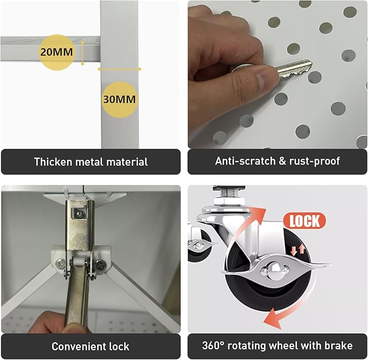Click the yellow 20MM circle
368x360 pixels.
(x=56, y=52)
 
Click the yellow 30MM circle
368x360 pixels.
(x=119, y=100)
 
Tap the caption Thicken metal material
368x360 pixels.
(x=91, y=162)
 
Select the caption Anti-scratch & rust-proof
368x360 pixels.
(x=277, y=161)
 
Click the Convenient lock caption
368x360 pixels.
(x=91, y=346)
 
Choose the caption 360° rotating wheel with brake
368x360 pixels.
(x=277, y=346)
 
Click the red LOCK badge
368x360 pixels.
(x=305, y=221)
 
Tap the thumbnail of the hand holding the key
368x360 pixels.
(x=277, y=74)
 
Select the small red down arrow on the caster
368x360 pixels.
(x=294, y=251)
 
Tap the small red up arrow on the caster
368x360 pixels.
(x=302, y=249)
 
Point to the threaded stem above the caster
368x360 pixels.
(x=229, y=194)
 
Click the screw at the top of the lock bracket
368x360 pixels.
(x=81, y=214)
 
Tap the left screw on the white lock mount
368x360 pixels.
(x=61, y=264)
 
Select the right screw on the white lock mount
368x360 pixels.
(x=100, y=265)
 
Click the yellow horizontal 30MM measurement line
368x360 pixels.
(x=119, y=69)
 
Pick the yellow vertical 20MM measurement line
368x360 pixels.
(x=82, y=53)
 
